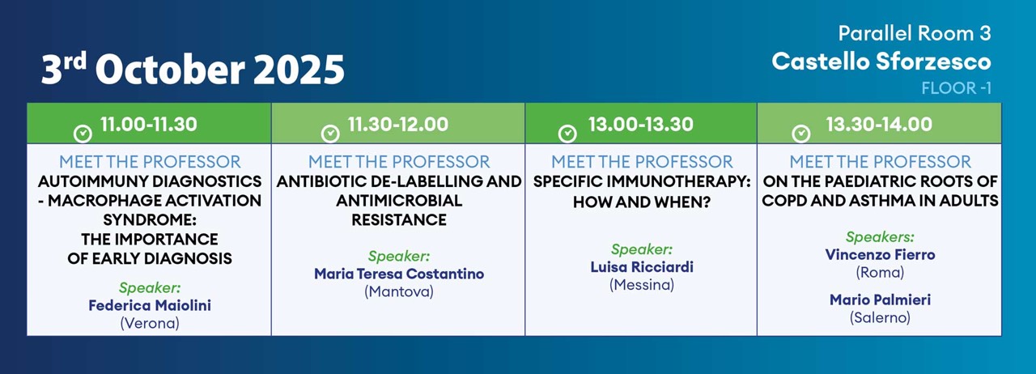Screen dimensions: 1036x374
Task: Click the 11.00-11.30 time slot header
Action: [x=148, y=124]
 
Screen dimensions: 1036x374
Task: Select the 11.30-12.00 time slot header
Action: [x=397, y=124]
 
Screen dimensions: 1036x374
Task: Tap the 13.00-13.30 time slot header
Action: [x=640, y=124]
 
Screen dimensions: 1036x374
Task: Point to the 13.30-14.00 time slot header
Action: [x=879, y=124]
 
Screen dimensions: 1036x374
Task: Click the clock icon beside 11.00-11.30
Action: [x=83, y=134]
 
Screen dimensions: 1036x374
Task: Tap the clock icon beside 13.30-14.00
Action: [x=801, y=134]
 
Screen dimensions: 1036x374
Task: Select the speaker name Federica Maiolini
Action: [x=150, y=305]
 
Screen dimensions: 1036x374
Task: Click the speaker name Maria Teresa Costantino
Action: [x=399, y=274]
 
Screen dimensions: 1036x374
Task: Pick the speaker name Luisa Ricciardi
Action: [x=642, y=267]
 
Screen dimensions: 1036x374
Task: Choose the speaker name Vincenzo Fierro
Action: [x=880, y=254]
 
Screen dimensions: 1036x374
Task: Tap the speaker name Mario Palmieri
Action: [x=880, y=300]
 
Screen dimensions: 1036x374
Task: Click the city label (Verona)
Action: [x=150, y=323]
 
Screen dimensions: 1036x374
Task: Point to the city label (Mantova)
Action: [x=399, y=291]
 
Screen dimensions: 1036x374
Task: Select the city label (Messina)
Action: [x=642, y=285]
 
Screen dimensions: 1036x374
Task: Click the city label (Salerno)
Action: [x=880, y=317]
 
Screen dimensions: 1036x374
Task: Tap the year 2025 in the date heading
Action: [x=299, y=70]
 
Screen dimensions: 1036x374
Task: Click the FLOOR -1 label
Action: [x=956, y=88]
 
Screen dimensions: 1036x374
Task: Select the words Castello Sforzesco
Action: [x=881, y=62]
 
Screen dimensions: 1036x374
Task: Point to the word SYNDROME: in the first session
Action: [x=150, y=220]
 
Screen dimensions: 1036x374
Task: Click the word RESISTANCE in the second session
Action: [x=399, y=220]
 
